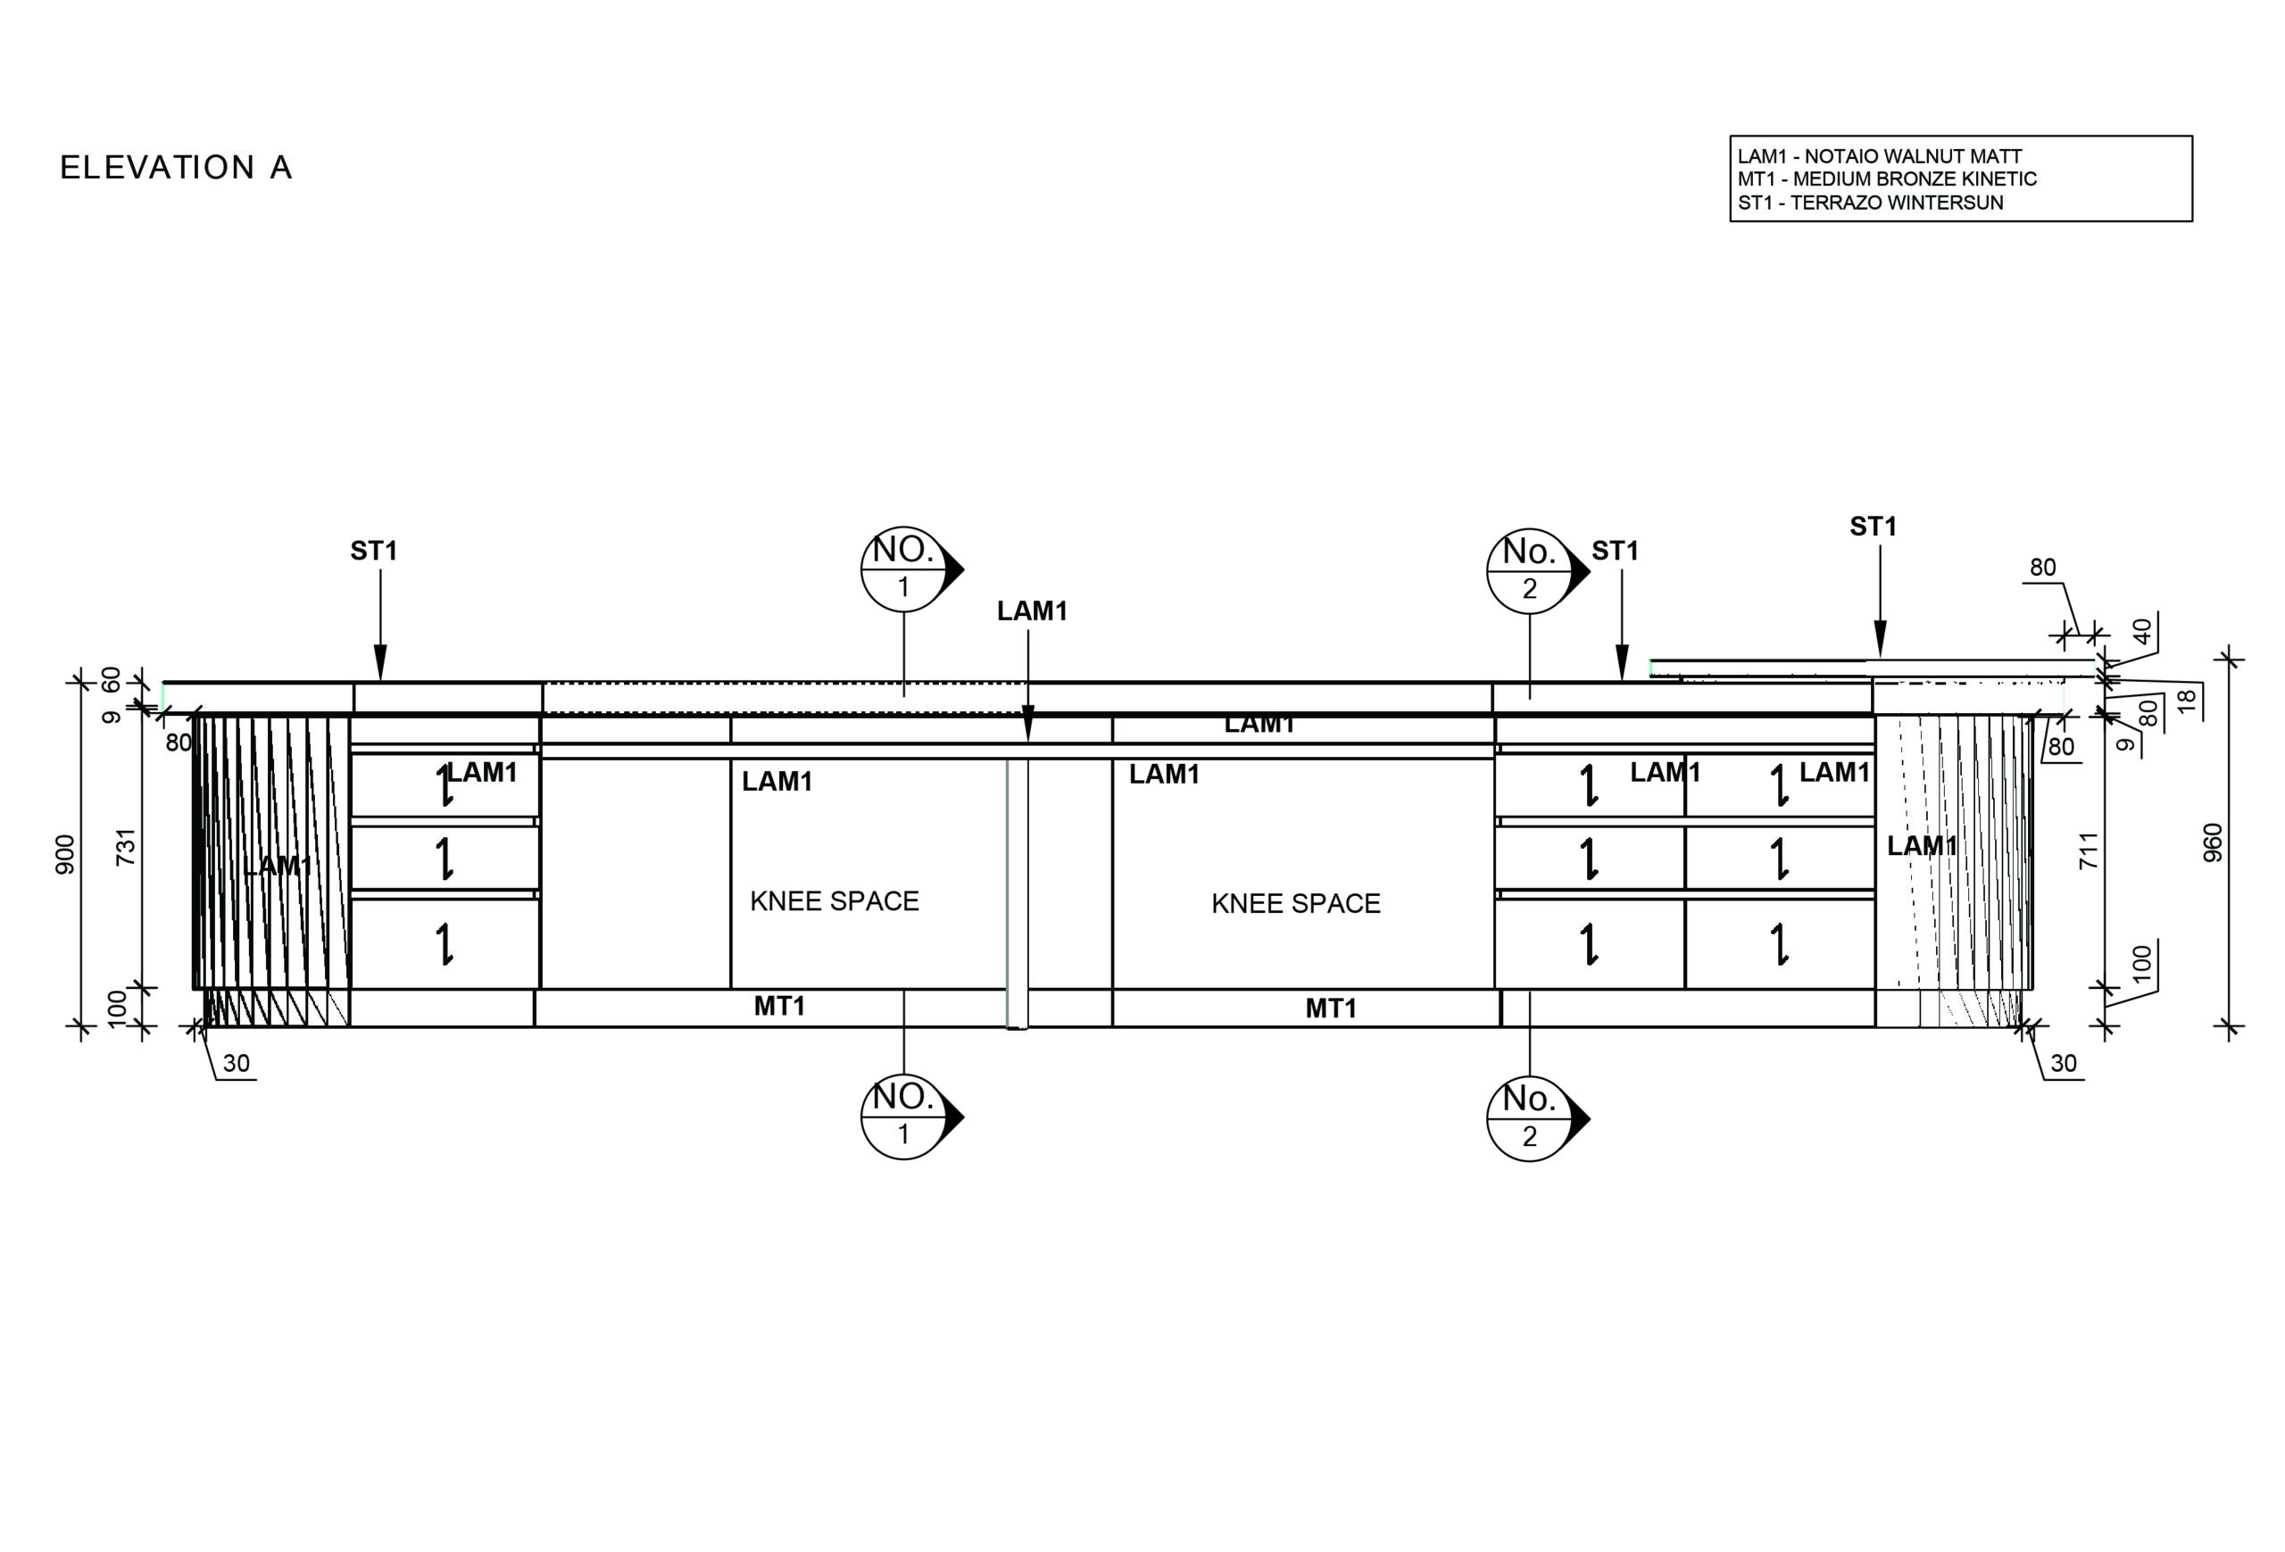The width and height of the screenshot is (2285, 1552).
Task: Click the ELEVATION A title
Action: pos(176,167)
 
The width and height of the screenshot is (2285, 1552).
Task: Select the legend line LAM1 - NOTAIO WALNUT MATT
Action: pos(1879,156)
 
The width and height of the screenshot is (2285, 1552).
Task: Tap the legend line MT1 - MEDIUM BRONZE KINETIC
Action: pos(1886,178)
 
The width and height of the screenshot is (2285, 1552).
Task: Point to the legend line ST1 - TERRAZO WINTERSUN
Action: pos(1869,203)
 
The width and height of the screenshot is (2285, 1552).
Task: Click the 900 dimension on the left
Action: pos(65,854)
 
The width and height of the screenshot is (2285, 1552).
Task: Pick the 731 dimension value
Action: pos(126,847)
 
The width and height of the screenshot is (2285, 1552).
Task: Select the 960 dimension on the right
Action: pos(2212,843)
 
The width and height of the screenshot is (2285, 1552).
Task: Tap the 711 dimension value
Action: pos(2089,851)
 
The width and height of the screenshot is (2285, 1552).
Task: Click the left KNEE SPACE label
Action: pos(834,901)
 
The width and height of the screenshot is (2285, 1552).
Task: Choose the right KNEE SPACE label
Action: pos(1295,904)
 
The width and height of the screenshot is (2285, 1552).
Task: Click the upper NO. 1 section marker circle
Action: pos(902,569)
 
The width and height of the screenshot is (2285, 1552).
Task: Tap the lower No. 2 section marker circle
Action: pos(1529,1118)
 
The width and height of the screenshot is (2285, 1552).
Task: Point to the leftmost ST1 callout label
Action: pos(374,552)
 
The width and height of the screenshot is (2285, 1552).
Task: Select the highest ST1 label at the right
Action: pos(1872,527)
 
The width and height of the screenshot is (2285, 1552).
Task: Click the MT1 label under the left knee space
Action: pos(778,1007)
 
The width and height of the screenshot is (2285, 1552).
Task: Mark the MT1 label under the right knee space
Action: pos(1330,1008)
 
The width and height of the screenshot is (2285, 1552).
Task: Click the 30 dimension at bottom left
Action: pos(236,1064)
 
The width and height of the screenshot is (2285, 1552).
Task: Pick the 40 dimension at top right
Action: pos(2141,631)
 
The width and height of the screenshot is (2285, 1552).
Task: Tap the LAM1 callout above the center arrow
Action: pos(1032,611)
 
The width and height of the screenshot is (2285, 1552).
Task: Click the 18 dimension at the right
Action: pos(2185,701)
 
